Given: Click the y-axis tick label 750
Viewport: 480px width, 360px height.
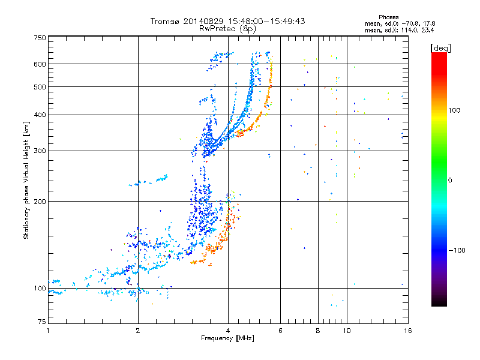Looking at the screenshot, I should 40,38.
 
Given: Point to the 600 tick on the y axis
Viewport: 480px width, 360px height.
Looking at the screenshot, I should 40,64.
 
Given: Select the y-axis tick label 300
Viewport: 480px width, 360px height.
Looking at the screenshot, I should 40,151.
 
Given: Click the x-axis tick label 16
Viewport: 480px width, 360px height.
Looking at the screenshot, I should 406,331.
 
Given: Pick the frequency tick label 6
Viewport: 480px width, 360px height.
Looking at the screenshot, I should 280,331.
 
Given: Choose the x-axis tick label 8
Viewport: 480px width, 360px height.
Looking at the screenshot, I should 317,331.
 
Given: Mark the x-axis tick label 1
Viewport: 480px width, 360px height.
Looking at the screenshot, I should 48,331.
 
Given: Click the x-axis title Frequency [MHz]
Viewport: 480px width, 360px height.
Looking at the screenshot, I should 227,338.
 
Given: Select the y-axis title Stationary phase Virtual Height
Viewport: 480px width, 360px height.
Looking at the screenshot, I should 26,180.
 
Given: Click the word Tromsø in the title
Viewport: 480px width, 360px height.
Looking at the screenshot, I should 166,21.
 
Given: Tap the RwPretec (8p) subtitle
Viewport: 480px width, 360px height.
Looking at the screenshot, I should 227,28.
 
